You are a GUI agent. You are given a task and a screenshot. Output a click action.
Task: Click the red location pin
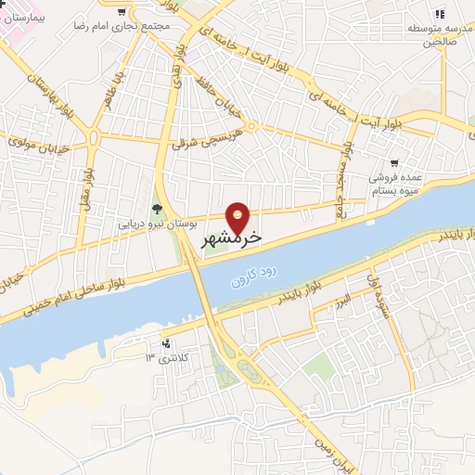239,218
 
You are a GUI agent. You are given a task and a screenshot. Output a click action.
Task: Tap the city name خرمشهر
232,237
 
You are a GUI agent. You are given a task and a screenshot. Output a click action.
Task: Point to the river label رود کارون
245,279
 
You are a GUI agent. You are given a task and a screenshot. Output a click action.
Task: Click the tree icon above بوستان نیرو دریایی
156,209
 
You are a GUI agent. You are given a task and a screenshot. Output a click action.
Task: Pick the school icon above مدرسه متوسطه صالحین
439,13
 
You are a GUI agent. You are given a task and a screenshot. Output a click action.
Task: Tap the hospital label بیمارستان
24,17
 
